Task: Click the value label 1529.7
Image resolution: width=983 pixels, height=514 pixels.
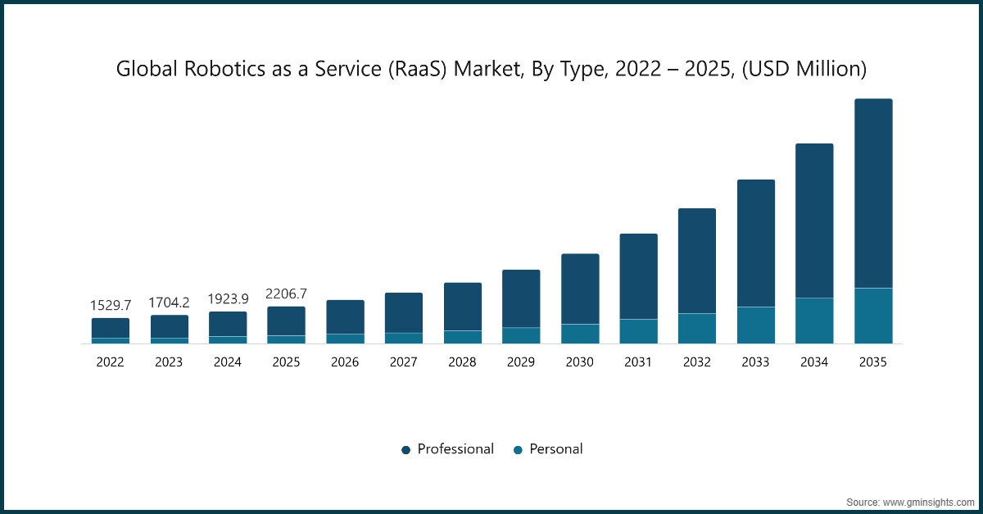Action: pos(111,305)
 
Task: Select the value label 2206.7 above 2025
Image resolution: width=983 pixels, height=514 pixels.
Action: pos(287,293)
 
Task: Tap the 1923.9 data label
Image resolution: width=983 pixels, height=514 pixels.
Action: pos(228,299)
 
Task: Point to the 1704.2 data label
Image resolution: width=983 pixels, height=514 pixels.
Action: pos(169,302)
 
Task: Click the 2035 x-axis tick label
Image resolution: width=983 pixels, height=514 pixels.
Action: pos(872,362)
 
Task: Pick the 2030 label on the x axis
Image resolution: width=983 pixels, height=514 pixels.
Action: pos(579,362)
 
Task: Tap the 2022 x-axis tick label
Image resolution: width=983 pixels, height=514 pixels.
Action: pos(111,362)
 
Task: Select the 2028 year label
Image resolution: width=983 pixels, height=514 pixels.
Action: pos(462,362)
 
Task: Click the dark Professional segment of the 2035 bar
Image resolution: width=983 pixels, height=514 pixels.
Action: pos(873,193)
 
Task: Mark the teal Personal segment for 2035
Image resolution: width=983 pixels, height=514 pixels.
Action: pos(873,316)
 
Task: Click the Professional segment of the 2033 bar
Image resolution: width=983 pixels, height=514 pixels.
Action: pos(756,243)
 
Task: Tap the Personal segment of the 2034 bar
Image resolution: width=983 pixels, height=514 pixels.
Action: pos(814,321)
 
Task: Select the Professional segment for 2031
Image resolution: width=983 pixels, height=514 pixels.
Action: pos(638,276)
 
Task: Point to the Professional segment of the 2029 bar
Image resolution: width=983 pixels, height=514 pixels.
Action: pos(521,298)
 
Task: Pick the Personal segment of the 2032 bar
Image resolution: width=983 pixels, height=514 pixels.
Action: pos(697,328)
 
